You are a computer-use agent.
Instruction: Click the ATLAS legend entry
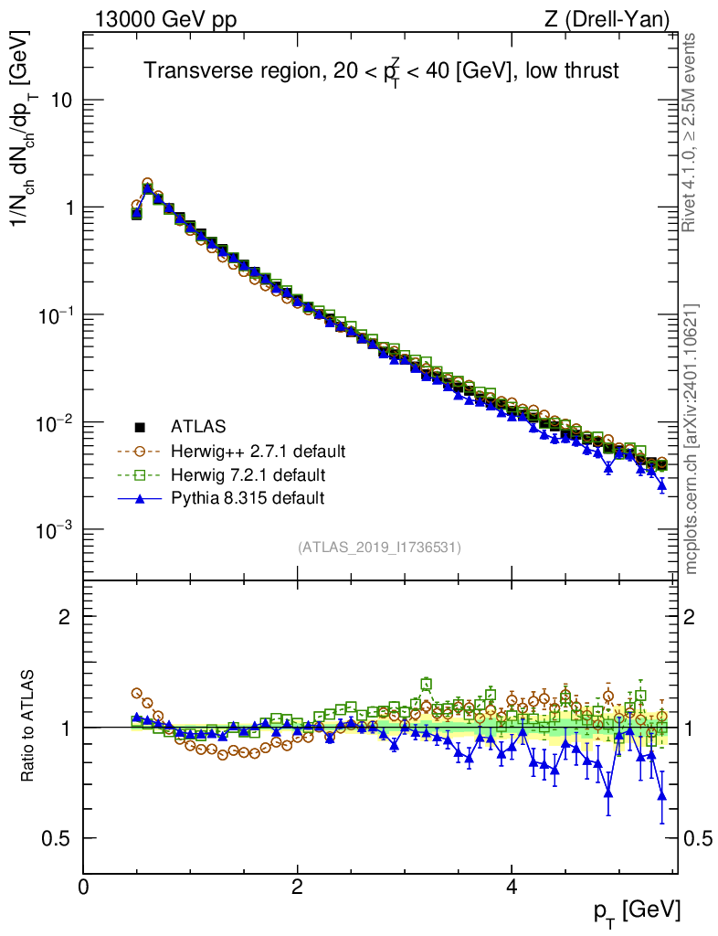pyautogui.click(x=198, y=426)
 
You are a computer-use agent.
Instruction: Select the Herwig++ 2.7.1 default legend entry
pyautogui.click(x=258, y=451)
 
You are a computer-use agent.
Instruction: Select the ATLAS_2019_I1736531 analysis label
pyautogui.click(x=379, y=548)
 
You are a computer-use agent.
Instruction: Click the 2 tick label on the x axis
pyautogui.click(x=297, y=888)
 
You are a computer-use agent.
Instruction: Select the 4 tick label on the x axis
pyautogui.click(x=512, y=888)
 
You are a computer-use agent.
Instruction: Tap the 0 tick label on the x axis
pyautogui.click(x=83, y=888)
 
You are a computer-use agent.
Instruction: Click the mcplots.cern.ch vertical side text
pyautogui.click(x=692, y=439)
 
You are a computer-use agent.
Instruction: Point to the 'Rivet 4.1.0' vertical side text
pyautogui.click(x=692, y=133)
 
